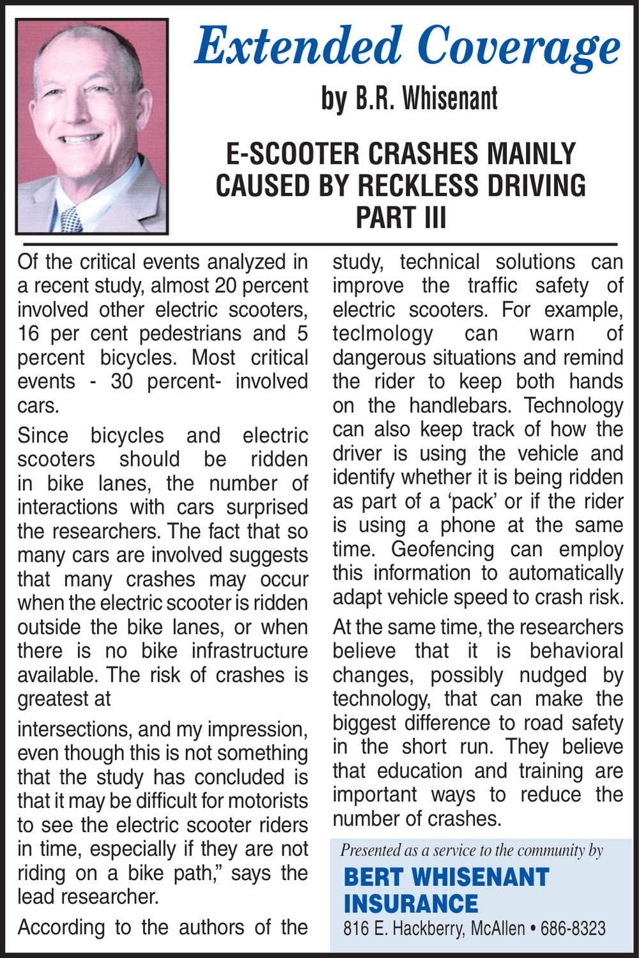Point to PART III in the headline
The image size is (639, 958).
(401, 217)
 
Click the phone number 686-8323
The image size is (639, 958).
(573, 928)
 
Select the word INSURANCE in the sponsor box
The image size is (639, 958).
(411, 904)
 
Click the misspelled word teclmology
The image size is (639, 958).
(383, 334)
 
